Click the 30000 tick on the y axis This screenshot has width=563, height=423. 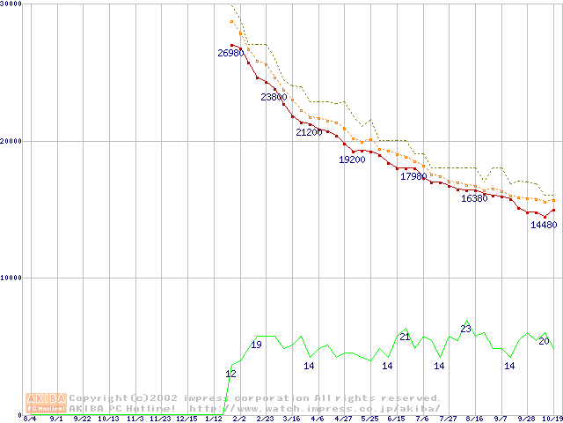[x=11, y=4]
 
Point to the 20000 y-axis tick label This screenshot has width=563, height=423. [x=11, y=141]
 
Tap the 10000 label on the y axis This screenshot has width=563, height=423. [x=11, y=278]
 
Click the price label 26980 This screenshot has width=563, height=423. [x=230, y=53]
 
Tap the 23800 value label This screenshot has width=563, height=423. [x=274, y=97]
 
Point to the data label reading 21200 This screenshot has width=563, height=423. [x=309, y=132]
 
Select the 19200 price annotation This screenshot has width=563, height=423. [x=352, y=160]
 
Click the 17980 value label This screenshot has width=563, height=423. [x=413, y=176]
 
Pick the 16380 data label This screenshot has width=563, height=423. [x=474, y=198]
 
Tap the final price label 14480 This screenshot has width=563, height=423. [x=544, y=225]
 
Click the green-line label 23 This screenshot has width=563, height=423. [x=466, y=329]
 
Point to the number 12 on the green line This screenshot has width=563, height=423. [x=230, y=374]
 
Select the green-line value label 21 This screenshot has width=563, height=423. [x=405, y=337]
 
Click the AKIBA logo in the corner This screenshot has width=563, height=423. [x=46, y=402]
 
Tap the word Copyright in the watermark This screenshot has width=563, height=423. [x=99, y=397]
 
